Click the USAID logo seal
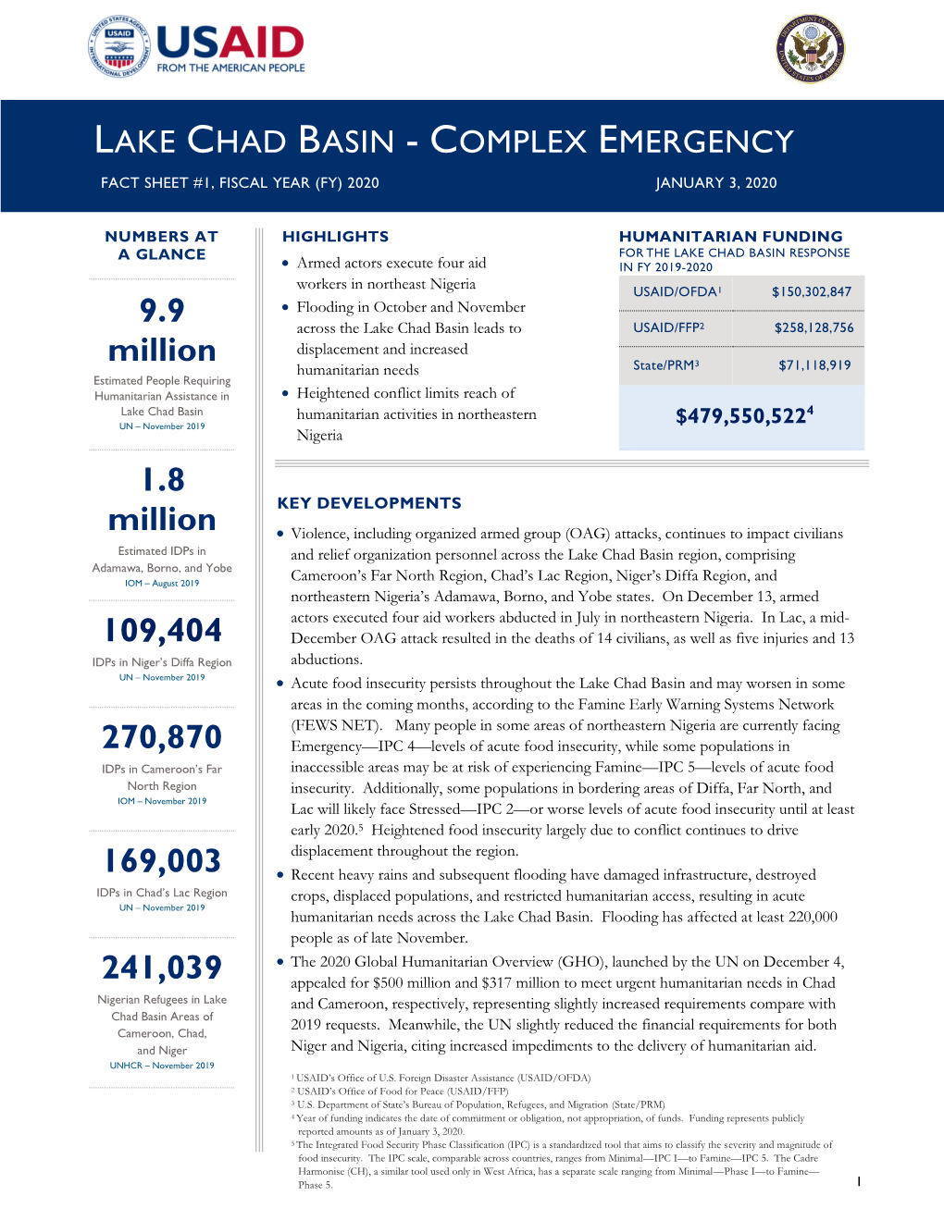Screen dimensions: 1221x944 coord(119,47)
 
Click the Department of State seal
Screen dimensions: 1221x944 coord(811,49)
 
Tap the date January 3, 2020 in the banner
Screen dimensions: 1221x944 coord(715,183)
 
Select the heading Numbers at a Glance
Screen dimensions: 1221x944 coord(162,245)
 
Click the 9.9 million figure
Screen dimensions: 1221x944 coord(162,330)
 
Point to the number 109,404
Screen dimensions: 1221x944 coord(162,631)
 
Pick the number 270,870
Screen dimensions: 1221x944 coord(162,737)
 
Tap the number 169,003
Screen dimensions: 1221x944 coord(162,861)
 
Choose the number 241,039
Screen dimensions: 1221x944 coord(162,968)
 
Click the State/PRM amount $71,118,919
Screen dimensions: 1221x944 coord(814,365)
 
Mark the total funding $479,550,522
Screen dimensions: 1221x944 coord(743,416)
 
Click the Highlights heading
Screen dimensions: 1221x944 coord(335,237)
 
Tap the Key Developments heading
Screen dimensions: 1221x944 coord(369,503)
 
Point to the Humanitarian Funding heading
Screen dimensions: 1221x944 coord(730,237)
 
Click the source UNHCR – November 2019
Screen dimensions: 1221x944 coord(162,1066)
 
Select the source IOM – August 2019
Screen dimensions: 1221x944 coord(162,584)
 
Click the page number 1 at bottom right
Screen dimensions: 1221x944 coord(859,1181)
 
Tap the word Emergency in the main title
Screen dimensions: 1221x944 coord(696,142)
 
